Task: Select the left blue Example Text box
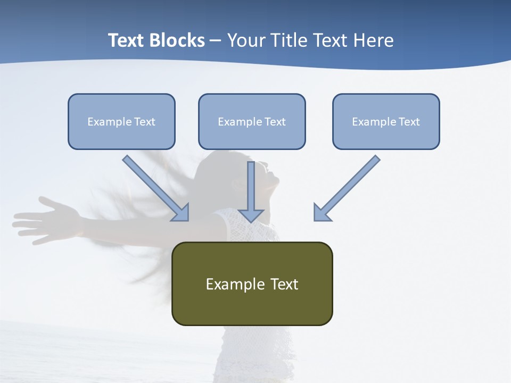[x=121, y=122]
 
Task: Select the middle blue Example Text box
[x=252, y=122]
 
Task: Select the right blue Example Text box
[x=386, y=122]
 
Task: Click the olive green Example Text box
[x=252, y=284]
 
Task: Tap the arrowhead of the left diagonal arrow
[x=181, y=213]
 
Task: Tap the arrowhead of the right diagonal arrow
[x=322, y=212]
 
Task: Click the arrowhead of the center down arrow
[x=251, y=215]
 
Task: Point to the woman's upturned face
[x=269, y=176]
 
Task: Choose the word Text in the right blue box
[x=409, y=122]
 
